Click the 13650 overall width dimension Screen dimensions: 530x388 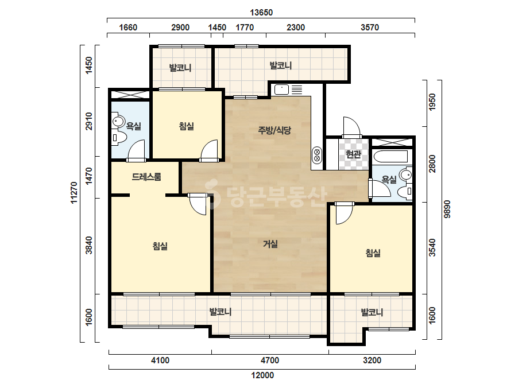click(x=261, y=13)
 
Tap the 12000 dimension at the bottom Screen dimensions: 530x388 click(x=262, y=375)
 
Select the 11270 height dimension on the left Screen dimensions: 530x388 click(x=74, y=193)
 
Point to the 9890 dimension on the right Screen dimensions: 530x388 click(x=447, y=209)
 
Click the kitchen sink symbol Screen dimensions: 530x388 click(x=281, y=90)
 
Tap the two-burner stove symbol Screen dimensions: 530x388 click(x=317, y=155)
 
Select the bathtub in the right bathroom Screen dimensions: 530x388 click(x=391, y=157)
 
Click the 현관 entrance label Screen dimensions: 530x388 click(x=354, y=154)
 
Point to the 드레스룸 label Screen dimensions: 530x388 click(x=146, y=177)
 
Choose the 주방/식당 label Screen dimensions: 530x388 click(x=274, y=130)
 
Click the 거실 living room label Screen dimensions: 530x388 click(x=271, y=244)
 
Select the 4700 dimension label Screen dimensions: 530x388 click(x=270, y=360)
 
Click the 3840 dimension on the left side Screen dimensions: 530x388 click(x=89, y=246)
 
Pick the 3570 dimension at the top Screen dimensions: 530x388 click(x=370, y=28)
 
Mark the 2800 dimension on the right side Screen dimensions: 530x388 click(x=432, y=164)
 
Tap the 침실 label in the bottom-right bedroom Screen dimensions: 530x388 click(x=373, y=253)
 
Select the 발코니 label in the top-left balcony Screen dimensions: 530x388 click(x=180, y=68)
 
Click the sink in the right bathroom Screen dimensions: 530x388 click(x=405, y=174)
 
